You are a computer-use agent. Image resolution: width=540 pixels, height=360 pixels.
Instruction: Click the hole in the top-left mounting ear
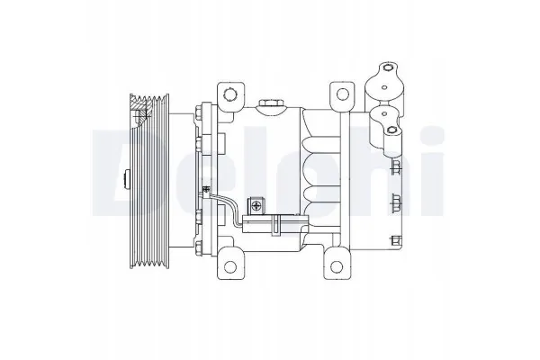click(229, 94)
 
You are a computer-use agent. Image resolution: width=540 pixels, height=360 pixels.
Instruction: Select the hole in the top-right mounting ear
click(342, 94)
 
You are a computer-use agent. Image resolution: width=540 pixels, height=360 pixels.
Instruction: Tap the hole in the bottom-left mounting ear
click(229, 266)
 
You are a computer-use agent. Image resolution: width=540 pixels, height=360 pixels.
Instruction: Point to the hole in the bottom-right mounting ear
click(337, 266)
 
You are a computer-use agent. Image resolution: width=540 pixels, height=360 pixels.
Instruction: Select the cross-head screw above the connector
click(256, 206)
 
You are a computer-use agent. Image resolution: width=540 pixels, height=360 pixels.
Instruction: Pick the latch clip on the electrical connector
click(274, 225)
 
